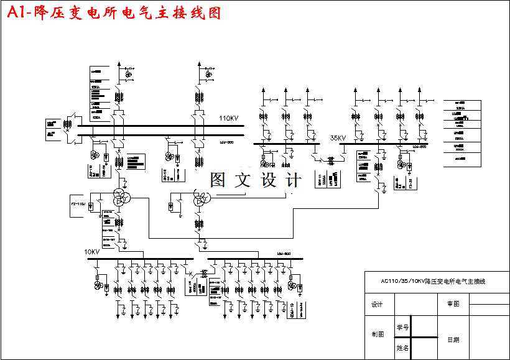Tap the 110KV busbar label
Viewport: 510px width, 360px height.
click(x=228, y=118)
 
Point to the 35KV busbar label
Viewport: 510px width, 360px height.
click(x=338, y=138)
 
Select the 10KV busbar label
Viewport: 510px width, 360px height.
click(x=91, y=252)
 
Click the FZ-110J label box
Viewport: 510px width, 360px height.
click(x=78, y=204)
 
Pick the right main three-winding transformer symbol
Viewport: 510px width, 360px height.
click(x=202, y=198)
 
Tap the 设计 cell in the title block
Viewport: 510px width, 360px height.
click(x=377, y=305)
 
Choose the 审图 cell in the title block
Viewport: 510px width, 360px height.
click(x=453, y=305)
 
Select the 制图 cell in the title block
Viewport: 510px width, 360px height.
click(x=377, y=334)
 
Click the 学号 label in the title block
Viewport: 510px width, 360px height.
click(x=402, y=327)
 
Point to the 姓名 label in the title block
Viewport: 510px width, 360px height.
click(x=402, y=349)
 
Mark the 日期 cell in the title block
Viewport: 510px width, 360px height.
click(x=453, y=340)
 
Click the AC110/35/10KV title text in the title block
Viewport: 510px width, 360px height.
click(x=433, y=282)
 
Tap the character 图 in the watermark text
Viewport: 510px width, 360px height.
click(x=218, y=180)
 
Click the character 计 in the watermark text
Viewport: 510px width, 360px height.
click(x=293, y=180)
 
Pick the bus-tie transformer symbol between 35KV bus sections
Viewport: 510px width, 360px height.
click(x=330, y=160)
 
